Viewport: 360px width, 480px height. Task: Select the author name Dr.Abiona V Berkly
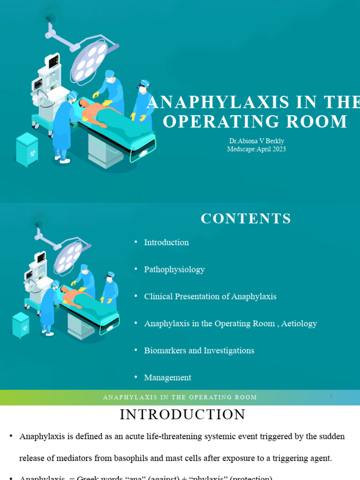pos(256,141)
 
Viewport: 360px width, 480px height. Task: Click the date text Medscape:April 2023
pos(256,149)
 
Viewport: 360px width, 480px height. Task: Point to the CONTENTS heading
pos(246,218)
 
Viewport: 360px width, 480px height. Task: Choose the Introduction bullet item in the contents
pos(166,242)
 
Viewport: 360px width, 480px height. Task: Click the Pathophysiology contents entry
pos(174,270)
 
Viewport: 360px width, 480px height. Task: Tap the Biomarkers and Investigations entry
pos(199,351)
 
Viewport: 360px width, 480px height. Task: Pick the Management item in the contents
pos(167,377)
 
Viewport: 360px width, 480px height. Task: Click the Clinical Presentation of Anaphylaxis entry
pos(210,297)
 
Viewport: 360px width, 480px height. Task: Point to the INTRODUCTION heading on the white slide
pos(182,414)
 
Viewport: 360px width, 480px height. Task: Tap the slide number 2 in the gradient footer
pos(331,397)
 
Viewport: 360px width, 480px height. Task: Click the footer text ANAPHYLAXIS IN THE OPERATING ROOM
pos(180,397)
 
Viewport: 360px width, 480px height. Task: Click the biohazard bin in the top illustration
pos(27,149)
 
